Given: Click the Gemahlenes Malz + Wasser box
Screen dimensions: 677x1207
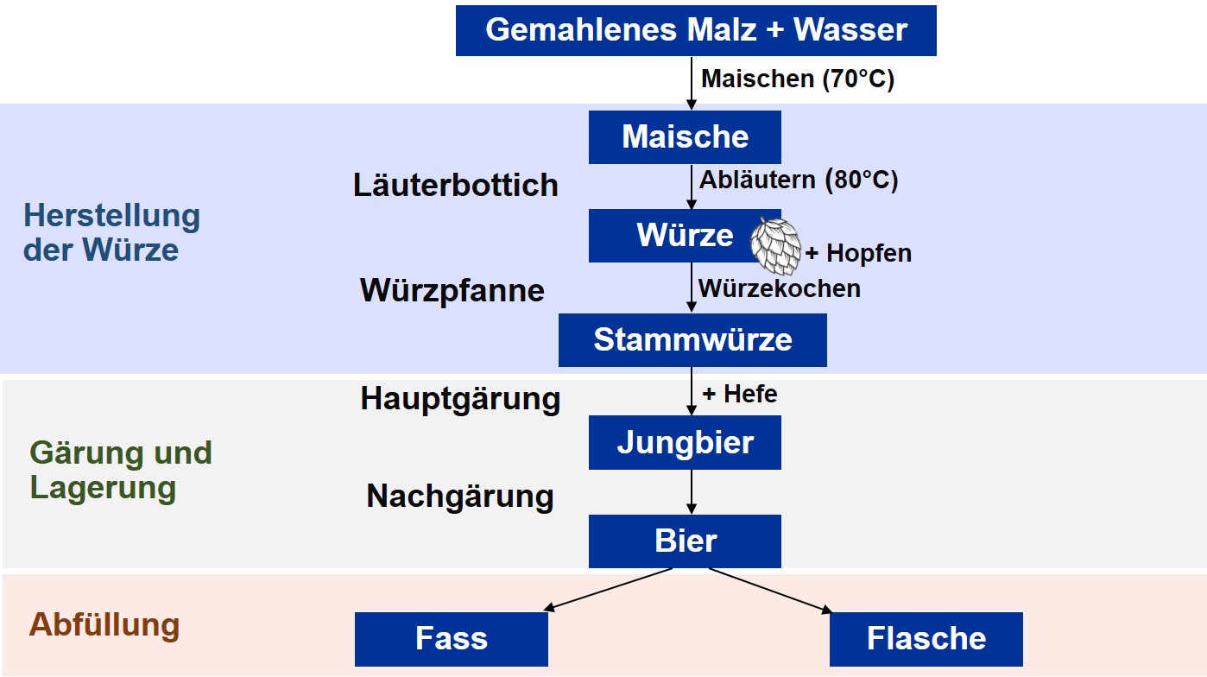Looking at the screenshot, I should click(695, 30).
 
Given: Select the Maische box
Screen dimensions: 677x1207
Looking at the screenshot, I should click(685, 137).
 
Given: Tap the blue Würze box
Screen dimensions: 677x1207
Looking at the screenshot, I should click(673, 235).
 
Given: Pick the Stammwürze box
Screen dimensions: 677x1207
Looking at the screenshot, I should click(692, 339).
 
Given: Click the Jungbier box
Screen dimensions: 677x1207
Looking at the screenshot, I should click(685, 442).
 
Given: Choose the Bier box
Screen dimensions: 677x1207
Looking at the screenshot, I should click(685, 541).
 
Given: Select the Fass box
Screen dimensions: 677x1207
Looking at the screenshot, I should click(451, 639).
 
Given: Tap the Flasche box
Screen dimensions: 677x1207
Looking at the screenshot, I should click(926, 639).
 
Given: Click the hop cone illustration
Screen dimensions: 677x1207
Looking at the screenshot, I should click(775, 246).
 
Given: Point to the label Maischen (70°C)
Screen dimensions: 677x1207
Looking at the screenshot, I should click(797, 79).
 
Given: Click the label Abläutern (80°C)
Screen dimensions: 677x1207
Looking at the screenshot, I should click(798, 180).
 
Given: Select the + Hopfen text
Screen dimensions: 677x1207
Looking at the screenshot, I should click(857, 254).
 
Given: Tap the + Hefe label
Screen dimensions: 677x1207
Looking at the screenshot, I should click(739, 395).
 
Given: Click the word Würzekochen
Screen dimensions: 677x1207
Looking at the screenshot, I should click(779, 288).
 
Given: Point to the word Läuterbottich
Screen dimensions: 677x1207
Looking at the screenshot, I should click(455, 186).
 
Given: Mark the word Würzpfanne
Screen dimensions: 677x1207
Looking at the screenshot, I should click(452, 290).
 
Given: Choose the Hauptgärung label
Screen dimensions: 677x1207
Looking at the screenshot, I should click(460, 399).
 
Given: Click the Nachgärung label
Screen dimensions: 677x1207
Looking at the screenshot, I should click(459, 497).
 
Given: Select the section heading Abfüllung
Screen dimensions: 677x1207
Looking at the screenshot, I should click(104, 624).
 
